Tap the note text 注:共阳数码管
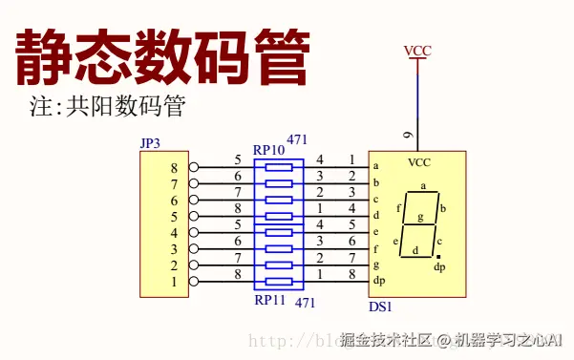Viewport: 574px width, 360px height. pos(106,105)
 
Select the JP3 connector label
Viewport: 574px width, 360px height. pos(151,143)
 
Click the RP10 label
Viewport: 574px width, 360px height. pos(268,150)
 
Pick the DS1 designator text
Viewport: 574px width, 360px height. pos(380,307)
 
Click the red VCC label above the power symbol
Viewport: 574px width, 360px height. pos(417,50)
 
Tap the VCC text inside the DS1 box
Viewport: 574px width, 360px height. pos(419,162)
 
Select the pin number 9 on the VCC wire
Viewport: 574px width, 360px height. pos(408,135)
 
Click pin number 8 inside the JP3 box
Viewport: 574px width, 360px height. pos(174,168)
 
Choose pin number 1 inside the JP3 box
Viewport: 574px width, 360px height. pos(174,282)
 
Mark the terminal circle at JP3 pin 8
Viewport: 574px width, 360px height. pos(194,168)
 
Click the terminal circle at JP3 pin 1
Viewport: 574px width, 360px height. pos(194,282)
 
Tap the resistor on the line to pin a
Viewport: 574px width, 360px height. pos(279,167)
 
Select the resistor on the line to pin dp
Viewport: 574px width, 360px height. pos(279,282)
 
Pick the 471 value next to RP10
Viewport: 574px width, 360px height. pos(297,140)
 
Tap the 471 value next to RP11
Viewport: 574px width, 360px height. pos(306,302)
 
